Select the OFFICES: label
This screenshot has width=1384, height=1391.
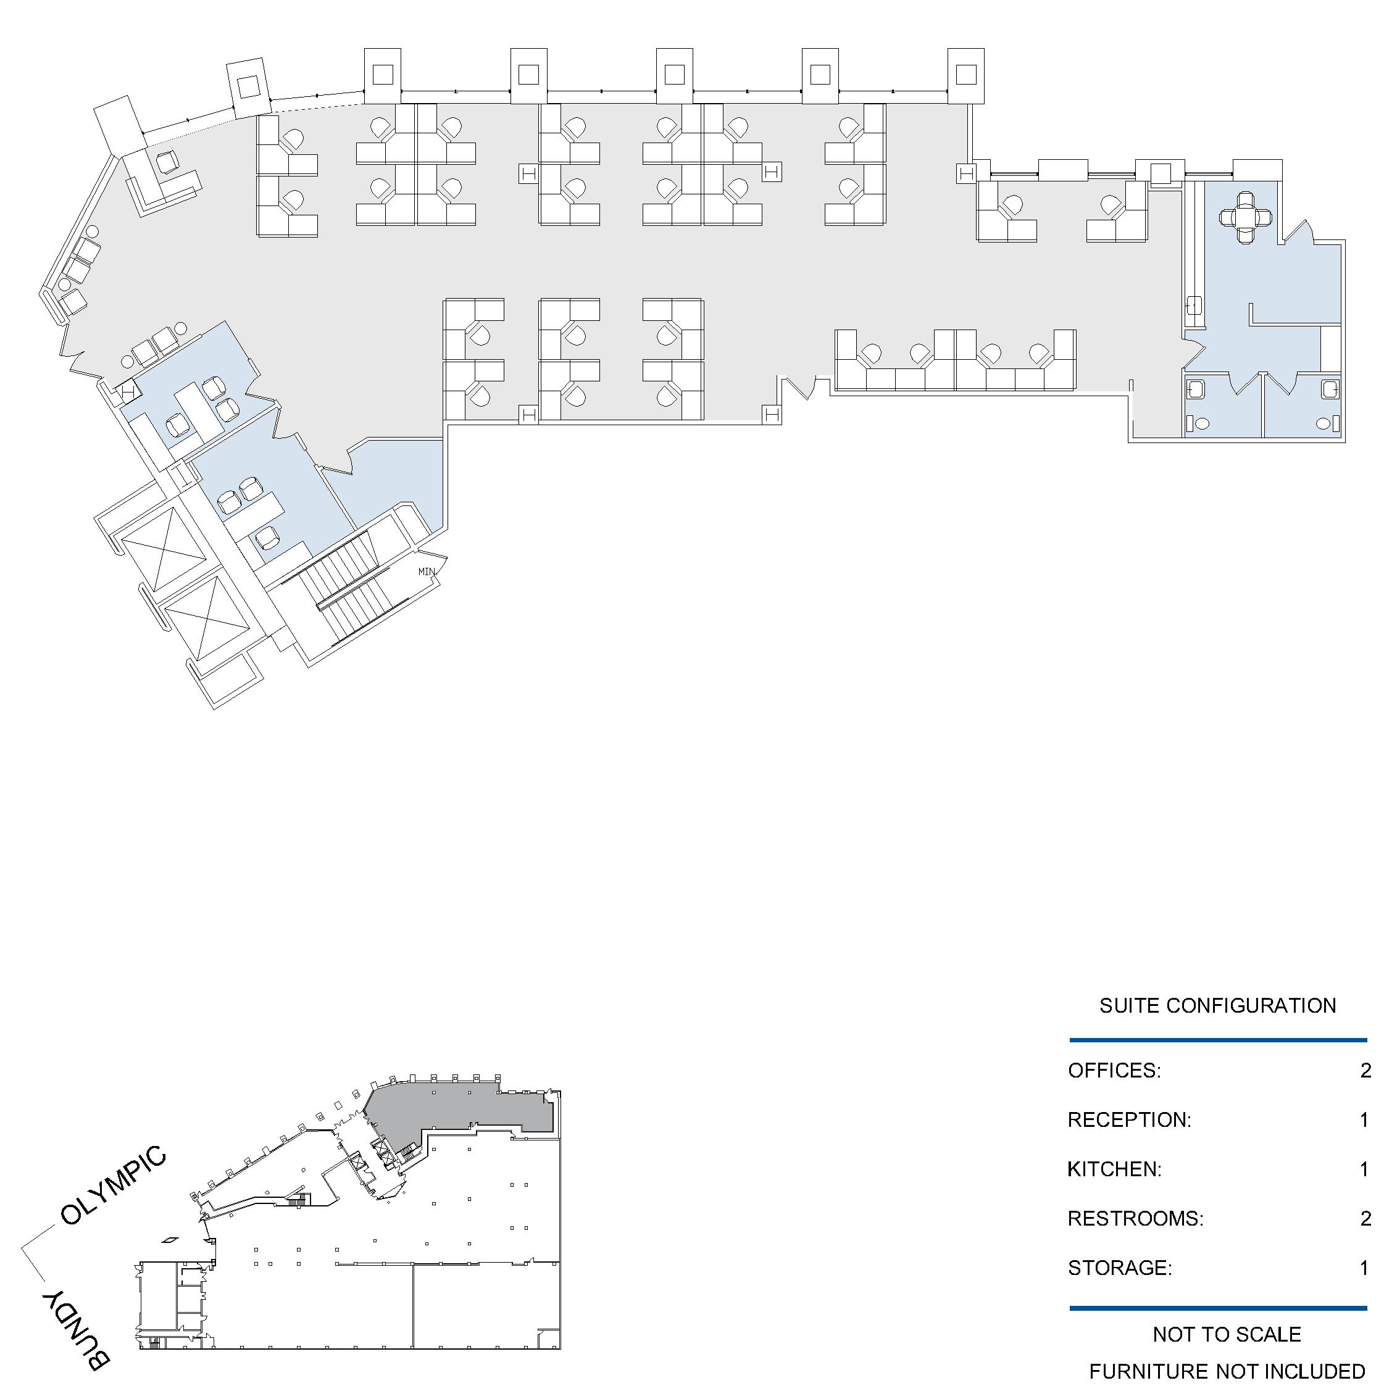(1114, 1071)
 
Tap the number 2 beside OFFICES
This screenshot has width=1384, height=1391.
(1365, 1071)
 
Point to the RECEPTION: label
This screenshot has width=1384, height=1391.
(1129, 1119)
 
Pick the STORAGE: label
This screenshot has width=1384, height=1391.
(1120, 1267)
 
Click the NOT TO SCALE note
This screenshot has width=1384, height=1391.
(1227, 1334)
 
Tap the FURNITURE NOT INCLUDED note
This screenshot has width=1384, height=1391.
(1227, 1371)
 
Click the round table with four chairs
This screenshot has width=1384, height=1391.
(1246, 217)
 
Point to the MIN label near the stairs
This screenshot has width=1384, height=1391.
(427, 571)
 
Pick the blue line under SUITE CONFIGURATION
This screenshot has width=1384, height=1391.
(1218, 1040)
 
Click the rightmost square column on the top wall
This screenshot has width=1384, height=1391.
(965, 75)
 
